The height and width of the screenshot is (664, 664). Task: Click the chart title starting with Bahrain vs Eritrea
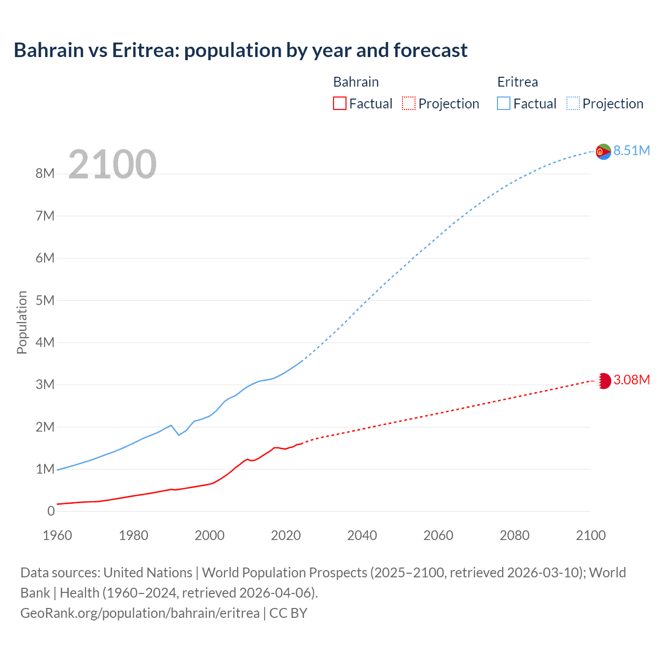click(x=241, y=50)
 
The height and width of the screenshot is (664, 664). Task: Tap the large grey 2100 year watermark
click(x=112, y=164)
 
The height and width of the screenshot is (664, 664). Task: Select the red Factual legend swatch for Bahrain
click(x=339, y=104)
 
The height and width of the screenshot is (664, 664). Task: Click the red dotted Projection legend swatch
click(x=409, y=104)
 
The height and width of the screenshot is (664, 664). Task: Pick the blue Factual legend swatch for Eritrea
click(x=504, y=104)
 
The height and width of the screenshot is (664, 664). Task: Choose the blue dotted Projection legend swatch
click(x=573, y=104)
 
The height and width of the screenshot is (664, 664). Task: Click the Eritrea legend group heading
click(x=517, y=82)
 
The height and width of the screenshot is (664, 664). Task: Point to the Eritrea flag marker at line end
click(x=603, y=151)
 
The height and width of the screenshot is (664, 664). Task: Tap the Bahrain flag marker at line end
click(x=604, y=381)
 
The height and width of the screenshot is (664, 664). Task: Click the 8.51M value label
click(x=631, y=151)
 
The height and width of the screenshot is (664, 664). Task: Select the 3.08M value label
click(x=631, y=380)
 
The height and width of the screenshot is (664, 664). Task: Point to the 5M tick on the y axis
click(x=45, y=300)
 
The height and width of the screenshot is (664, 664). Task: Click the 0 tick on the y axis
click(x=51, y=511)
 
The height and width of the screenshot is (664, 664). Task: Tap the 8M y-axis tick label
click(x=45, y=174)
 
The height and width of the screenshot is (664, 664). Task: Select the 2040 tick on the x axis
click(x=362, y=535)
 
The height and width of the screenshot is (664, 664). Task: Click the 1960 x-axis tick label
click(x=57, y=535)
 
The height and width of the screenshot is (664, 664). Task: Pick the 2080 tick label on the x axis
click(x=515, y=535)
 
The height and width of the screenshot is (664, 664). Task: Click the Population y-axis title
click(x=22, y=323)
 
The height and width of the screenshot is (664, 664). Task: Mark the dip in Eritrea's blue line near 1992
click(x=179, y=435)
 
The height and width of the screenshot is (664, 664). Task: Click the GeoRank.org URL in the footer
click(x=140, y=613)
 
